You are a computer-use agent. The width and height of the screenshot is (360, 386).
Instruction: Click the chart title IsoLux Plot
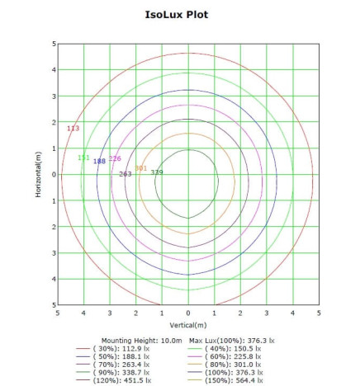188,14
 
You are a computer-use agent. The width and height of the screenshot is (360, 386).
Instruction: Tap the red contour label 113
73,129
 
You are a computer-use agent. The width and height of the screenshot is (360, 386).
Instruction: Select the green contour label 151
83,158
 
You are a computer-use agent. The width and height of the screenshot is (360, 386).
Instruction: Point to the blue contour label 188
99,161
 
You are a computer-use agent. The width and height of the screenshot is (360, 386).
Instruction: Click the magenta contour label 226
115,158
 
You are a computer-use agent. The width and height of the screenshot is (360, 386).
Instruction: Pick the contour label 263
126,174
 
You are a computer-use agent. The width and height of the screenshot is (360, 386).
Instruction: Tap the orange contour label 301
140,168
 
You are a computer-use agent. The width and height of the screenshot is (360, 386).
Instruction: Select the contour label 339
157,172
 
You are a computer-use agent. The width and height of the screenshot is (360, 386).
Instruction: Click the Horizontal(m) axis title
38,174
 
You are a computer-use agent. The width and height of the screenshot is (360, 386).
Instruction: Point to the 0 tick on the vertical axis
52,174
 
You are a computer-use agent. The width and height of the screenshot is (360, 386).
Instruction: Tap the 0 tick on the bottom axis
188,313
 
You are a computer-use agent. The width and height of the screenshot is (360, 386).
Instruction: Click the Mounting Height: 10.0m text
141,340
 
